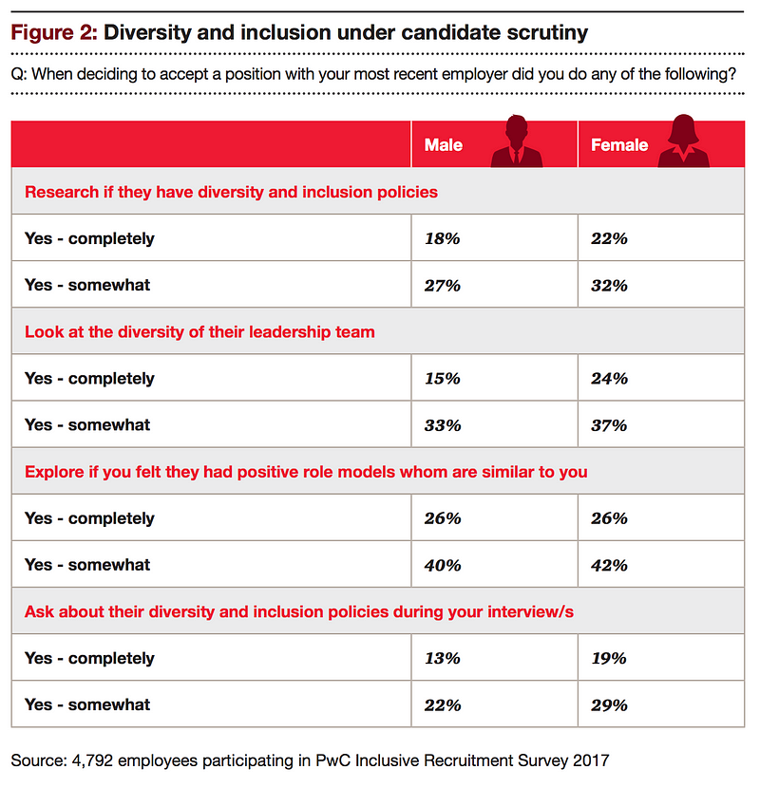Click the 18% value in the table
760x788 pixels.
click(442, 238)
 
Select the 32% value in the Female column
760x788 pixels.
click(609, 286)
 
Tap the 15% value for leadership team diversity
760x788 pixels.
click(442, 379)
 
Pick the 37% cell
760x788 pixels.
click(609, 425)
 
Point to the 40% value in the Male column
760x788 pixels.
click(443, 566)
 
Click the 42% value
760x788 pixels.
click(609, 566)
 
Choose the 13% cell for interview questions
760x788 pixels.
click(442, 658)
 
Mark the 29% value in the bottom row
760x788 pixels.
click(609, 705)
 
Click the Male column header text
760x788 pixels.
click(443, 144)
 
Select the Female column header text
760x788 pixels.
click(619, 144)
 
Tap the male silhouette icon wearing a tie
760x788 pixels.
click(517, 141)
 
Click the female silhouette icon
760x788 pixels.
click(684, 141)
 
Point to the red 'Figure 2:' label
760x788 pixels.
click(54, 32)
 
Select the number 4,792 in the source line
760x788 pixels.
click(92, 760)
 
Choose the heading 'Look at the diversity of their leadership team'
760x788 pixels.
click(199, 332)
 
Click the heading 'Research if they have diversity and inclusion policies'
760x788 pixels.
click(232, 192)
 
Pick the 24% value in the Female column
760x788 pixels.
click(609, 379)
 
